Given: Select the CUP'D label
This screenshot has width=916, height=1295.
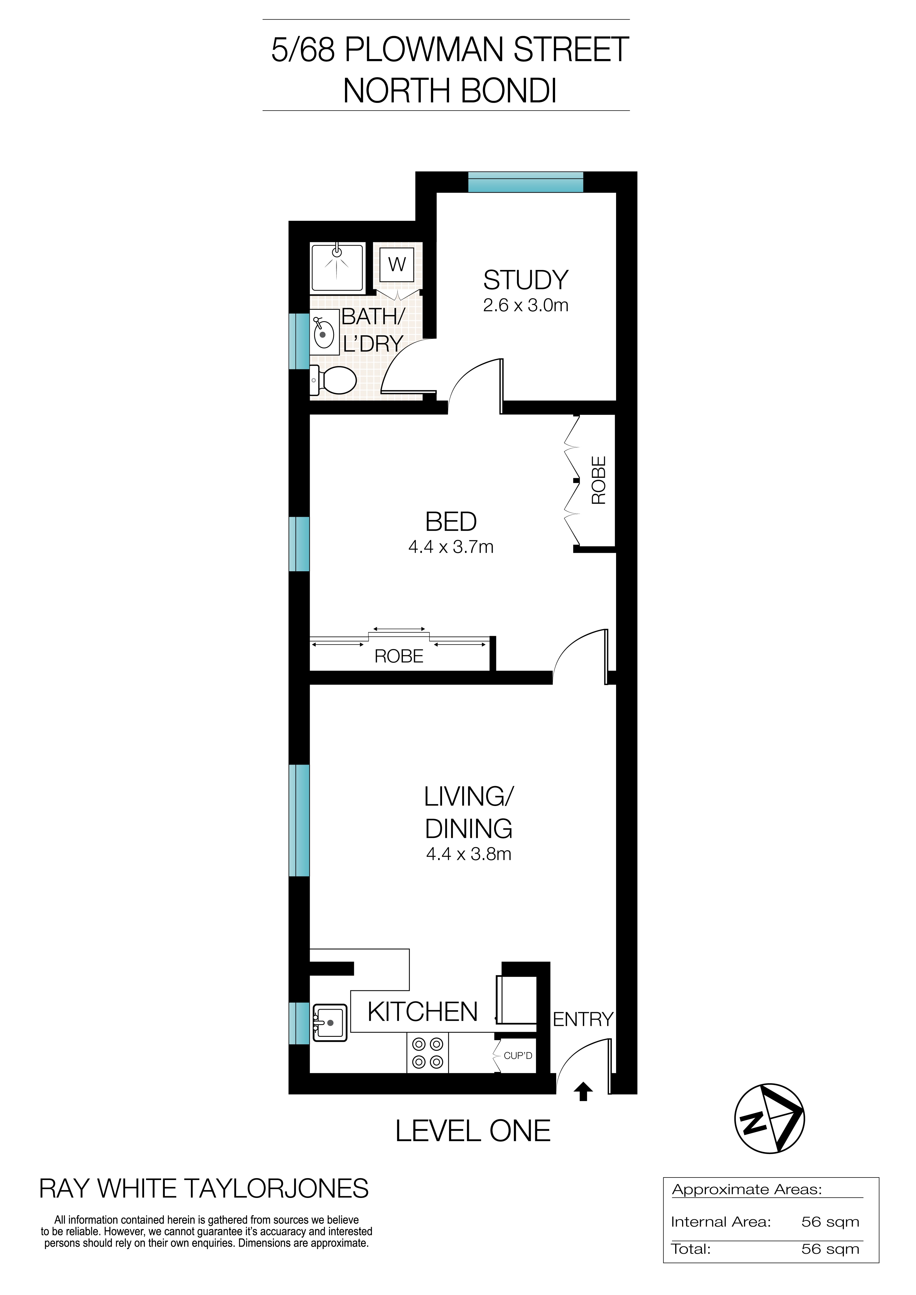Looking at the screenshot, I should point(517,1055).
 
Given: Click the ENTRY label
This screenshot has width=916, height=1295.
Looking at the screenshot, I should point(583,1019).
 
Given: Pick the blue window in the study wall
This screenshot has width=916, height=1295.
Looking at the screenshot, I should point(526,182).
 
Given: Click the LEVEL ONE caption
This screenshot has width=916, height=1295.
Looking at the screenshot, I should point(473,1131).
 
